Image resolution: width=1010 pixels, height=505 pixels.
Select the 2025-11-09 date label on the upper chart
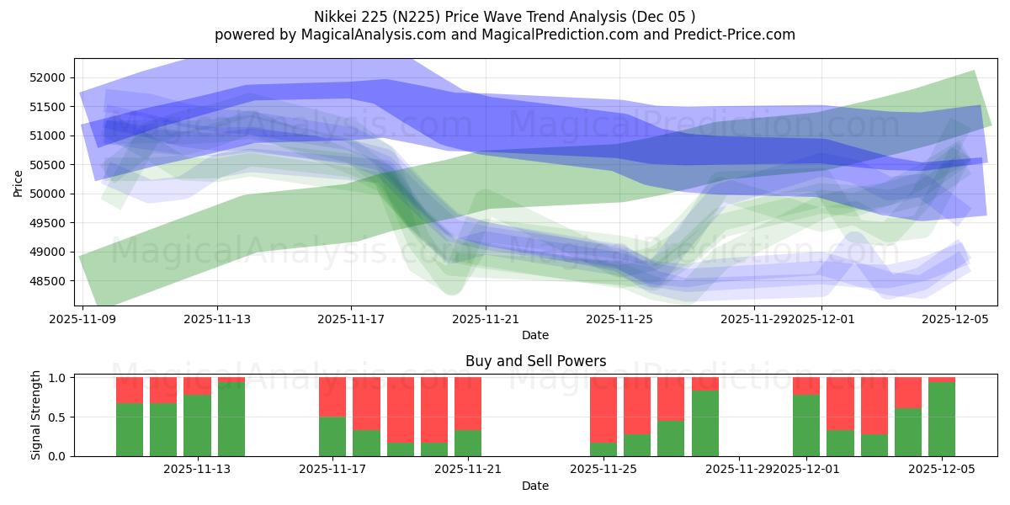tap(82, 319)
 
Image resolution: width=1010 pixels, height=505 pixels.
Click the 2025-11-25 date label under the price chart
tap(619, 319)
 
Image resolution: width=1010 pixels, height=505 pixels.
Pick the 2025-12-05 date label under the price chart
tap(955, 319)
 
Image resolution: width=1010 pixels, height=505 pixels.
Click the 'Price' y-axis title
tap(18, 182)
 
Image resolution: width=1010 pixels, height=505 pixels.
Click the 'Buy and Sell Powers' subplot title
tap(535, 361)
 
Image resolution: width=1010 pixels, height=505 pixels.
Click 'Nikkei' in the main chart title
tap(334, 16)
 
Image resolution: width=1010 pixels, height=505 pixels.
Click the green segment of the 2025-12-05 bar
tap(942, 419)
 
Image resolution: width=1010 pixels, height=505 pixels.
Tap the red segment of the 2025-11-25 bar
tap(603, 409)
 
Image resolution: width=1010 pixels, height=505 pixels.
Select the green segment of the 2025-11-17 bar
tap(332, 437)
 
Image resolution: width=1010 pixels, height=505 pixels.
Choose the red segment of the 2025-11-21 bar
tap(468, 403)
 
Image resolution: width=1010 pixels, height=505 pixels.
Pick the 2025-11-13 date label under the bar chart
tap(198, 470)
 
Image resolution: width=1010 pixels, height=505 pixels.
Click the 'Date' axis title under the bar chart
tap(535, 486)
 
